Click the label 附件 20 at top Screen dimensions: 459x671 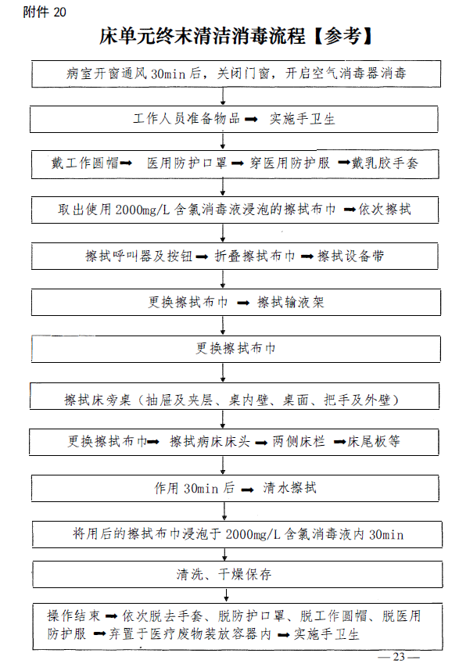click(45, 12)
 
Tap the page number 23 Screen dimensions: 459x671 click(399, 657)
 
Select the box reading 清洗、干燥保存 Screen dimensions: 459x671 click(238, 574)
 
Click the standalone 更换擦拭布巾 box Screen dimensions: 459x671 click(235, 349)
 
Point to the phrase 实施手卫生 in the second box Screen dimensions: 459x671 click(302, 119)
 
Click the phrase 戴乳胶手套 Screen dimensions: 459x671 click(385, 163)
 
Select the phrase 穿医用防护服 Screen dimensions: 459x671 click(289, 163)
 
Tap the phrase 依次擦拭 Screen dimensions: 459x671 click(385, 210)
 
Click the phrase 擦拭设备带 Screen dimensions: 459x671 click(351, 256)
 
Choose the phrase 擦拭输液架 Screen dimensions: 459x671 click(290, 302)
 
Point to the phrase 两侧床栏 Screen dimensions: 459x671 click(299, 441)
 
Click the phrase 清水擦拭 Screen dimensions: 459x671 click(289, 488)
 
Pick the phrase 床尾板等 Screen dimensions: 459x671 click(374, 441)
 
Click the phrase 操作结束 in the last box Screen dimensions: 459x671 click(74, 615)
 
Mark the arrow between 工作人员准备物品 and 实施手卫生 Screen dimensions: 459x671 click(251, 120)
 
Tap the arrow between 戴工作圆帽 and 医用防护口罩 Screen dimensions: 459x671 click(126, 163)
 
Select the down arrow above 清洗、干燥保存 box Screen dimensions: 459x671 click(225, 554)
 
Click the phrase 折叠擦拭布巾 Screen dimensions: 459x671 click(255, 256)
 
